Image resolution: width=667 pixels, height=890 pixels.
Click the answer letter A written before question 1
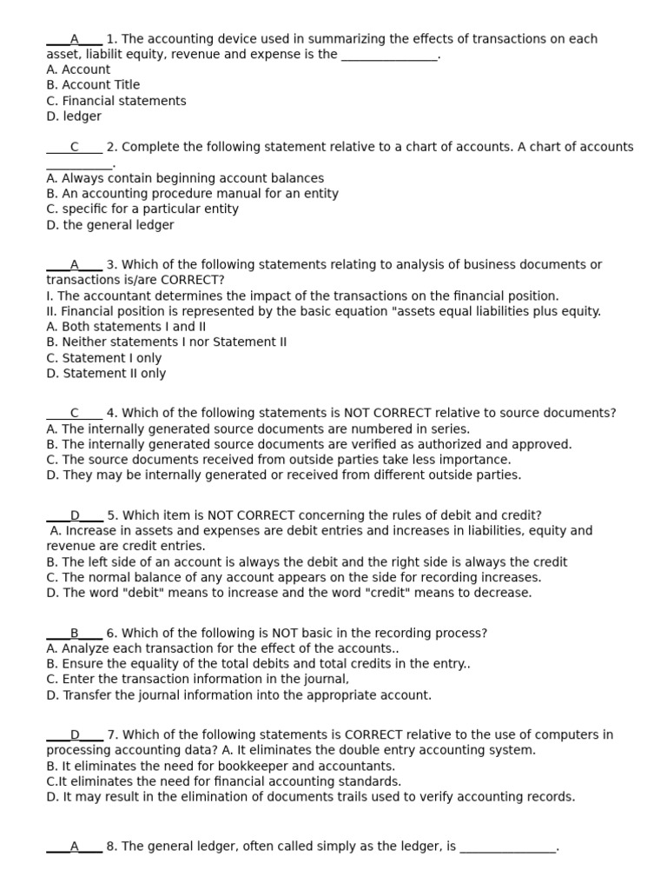74,39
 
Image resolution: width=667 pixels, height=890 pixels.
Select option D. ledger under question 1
74,116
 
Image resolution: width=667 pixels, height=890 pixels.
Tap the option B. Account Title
93,85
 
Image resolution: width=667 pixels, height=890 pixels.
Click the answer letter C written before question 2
74,147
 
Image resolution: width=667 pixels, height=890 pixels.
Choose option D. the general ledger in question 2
109,225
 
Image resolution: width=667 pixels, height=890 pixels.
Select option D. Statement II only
106,374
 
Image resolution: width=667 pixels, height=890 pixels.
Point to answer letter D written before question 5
75,515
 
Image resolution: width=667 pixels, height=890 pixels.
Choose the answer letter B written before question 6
75,634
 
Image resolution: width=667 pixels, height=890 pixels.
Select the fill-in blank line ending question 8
507,847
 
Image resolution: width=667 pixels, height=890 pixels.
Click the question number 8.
111,847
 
